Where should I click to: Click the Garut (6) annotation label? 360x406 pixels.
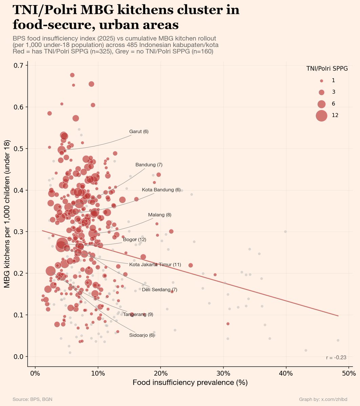click(x=139, y=132)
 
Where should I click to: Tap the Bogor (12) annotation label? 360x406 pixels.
click(x=134, y=240)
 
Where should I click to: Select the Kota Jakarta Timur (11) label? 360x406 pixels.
click(x=155, y=265)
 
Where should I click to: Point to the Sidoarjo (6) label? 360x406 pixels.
click(x=142, y=335)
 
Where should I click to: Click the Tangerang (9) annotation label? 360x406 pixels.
click(x=138, y=315)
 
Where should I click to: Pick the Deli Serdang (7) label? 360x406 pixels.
click(x=160, y=290)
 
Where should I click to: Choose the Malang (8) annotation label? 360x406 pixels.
click(x=160, y=215)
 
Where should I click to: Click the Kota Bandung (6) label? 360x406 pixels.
click(x=161, y=190)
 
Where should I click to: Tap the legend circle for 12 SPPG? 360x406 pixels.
click(x=321, y=115)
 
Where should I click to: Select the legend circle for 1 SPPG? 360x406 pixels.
click(x=321, y=81)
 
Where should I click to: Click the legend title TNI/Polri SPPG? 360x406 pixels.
click(x=327, y=69)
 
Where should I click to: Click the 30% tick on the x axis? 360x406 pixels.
click(x=223, y=374)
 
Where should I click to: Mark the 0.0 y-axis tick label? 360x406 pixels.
click(x=18, y=357)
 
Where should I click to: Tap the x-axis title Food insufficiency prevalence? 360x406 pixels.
click(x=190, y=383)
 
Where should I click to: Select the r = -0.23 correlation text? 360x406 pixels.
click(x=336, y=358)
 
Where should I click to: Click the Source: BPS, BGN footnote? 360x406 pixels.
click(x=32, y=400)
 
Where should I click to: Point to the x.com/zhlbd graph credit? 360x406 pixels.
click(x=323, y=400)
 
